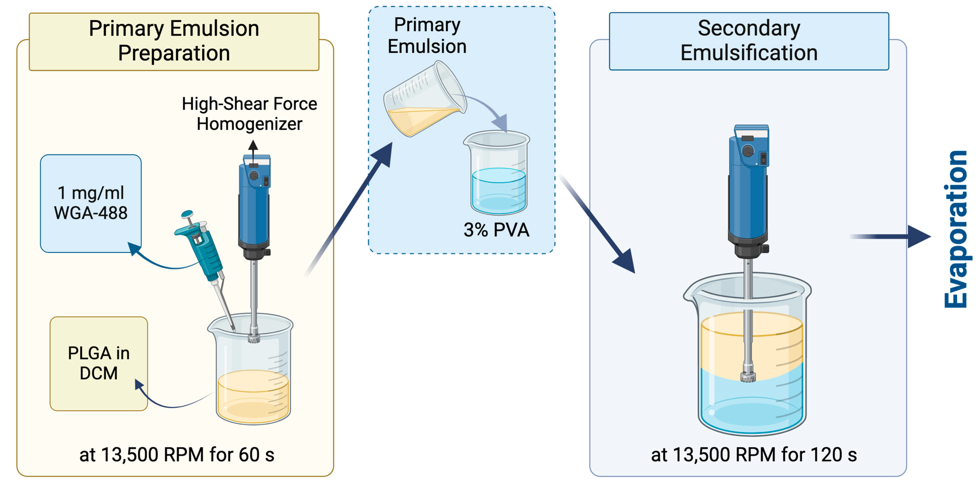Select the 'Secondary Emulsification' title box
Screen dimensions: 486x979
tap(749, 41)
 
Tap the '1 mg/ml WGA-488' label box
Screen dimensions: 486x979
tap(91, 203)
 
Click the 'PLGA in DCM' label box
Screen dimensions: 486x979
tap(99, 363)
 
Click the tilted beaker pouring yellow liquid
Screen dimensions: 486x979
tap(424, 101)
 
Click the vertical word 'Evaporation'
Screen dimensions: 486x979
tap(956, 230)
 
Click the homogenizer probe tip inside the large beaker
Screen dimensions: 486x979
tap(748, 376)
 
